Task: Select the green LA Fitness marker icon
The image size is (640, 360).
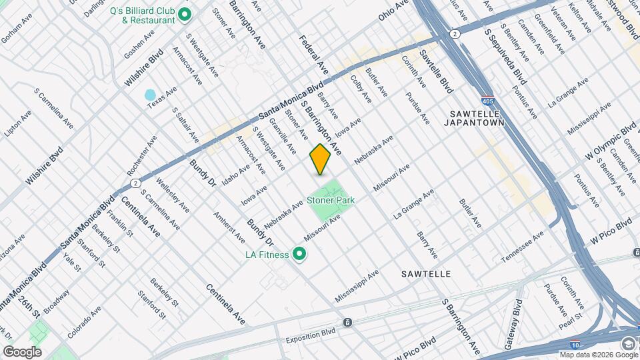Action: click(x=299, y=254)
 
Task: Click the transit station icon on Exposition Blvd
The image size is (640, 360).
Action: click(x=348, y=323)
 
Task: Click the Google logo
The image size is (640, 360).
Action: click(x=22, y=351)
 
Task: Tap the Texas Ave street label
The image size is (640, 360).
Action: click(x=162, y=97)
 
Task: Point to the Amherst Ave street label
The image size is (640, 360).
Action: click(x=229, y=227)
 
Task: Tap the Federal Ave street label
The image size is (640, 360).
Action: click(x=313, y=54)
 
